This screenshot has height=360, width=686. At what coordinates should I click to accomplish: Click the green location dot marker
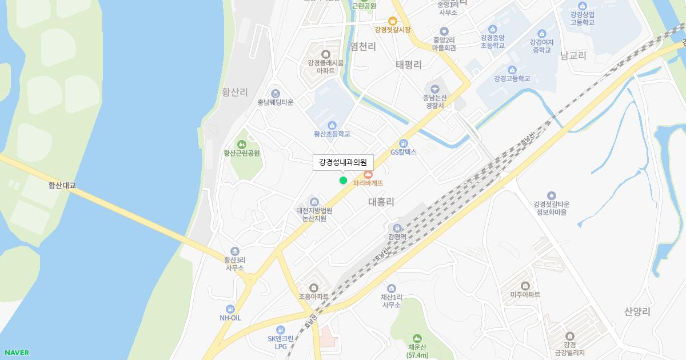point(343,181)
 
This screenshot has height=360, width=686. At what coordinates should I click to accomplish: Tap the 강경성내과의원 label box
point(343,162)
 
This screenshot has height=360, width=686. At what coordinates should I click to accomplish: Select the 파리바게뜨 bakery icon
point(368,173)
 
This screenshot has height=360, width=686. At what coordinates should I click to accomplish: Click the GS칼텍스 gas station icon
point(404,143)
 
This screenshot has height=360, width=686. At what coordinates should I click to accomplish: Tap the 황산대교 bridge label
point(62,185)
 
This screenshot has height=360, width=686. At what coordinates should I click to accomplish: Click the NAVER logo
point(16,353)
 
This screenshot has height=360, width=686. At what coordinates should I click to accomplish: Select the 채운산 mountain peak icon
point(417,338)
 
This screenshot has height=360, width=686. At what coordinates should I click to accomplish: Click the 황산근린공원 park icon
point(242,143)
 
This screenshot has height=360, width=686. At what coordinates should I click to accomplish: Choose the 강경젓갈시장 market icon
point(393,21)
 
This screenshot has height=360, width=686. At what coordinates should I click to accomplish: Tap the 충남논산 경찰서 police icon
point(434,89)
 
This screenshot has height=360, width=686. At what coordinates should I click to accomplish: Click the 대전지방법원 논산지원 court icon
point(314,201)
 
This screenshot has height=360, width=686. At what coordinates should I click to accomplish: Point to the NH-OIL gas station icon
point(230,309)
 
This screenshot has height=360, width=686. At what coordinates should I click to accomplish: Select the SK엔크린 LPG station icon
point(280,329)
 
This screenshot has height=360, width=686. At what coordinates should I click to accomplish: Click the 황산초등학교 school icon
point(332,125)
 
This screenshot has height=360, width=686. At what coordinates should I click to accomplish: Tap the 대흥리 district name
point(381,202)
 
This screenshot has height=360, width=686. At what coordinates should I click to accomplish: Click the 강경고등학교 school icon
point(512,69)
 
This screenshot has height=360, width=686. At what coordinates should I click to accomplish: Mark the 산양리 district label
point(637,311)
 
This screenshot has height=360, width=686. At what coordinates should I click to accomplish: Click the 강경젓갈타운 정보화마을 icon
point(552,195)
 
